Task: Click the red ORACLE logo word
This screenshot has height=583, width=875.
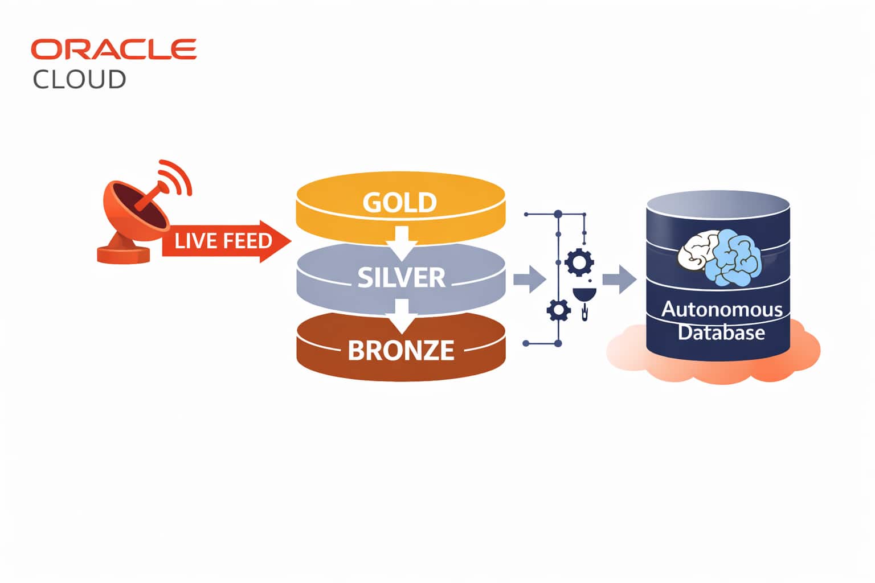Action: pos(113,50)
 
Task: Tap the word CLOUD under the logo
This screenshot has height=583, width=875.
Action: pos(79,79)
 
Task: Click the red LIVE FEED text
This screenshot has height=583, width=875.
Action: pos(223,241)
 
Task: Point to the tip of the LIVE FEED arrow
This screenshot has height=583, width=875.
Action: pos(289,241)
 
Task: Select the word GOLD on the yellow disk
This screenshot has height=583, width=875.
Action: pos(400,203)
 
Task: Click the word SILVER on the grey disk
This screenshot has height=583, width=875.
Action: pos(401,277)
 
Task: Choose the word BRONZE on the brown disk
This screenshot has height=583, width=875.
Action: pos(401,350)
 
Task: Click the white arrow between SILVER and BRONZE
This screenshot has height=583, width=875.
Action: pos(402,315)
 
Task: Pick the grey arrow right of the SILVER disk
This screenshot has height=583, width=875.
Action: pos(529,279)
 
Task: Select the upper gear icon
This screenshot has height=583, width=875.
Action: pos(580,262)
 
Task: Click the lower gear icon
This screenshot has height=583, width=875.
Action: pos(558,310)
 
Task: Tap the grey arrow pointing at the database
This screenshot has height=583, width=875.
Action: pos(619,279)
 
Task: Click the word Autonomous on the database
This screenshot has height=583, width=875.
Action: pos(722,310)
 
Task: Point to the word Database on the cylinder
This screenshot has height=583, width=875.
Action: pos(721,332)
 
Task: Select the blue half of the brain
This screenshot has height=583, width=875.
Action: pos(735,256)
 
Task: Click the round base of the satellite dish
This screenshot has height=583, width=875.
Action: pos(123,254)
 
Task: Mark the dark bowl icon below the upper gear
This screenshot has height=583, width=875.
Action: pos(584,295)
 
